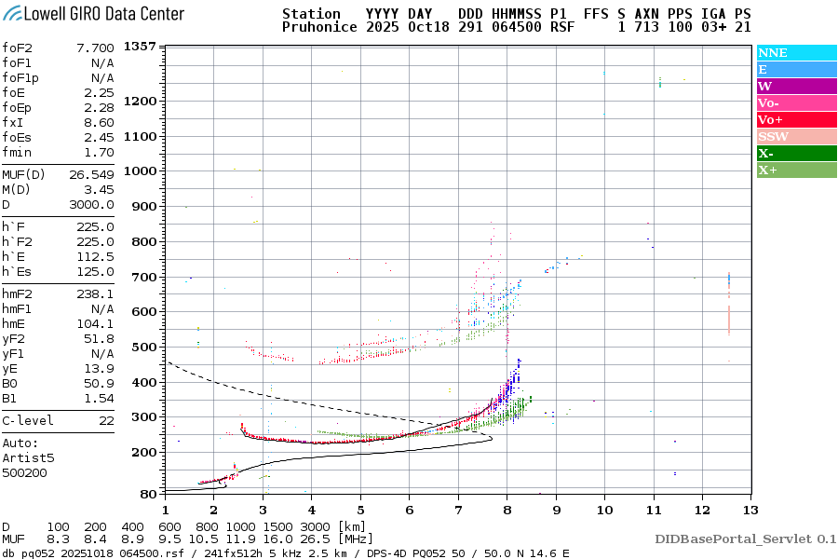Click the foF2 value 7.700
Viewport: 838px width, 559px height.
click(95, 48)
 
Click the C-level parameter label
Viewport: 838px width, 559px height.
click(29, 420)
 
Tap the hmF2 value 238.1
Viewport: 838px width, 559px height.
click(95, 293)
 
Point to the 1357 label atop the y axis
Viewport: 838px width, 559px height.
click(140, 47)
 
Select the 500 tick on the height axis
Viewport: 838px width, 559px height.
click(145, 348)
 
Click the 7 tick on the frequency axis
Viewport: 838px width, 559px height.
click(457, 509)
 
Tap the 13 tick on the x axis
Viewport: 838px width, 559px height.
click(750, 509)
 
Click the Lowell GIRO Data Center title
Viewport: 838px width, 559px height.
click(93, 13)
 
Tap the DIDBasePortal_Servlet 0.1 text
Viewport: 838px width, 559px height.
click(745, 539)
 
